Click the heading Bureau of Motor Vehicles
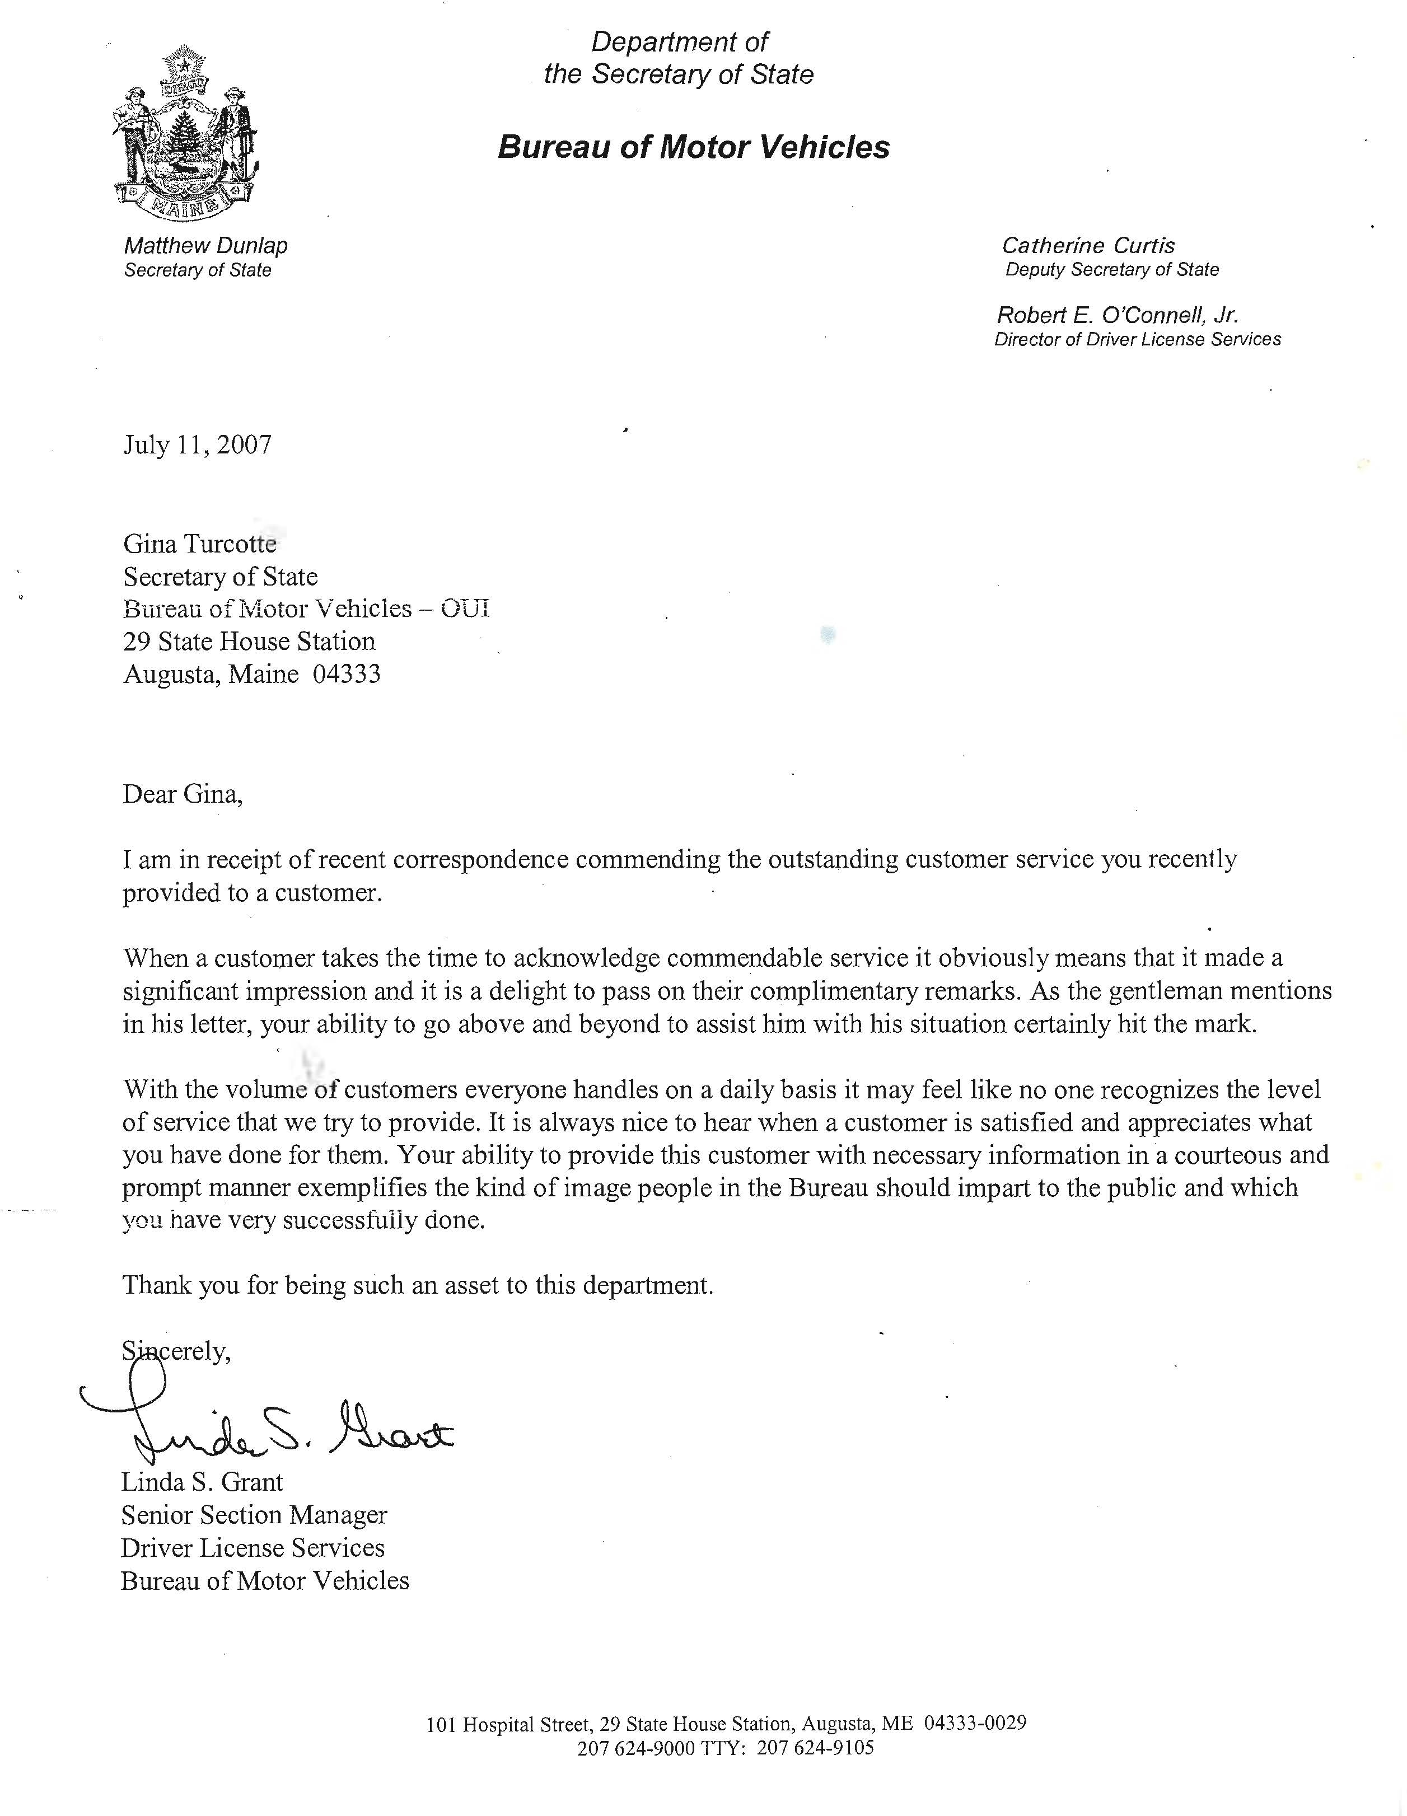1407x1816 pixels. (694, 147)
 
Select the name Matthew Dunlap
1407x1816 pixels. (205, 246)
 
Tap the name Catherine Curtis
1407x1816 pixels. (1088, 246)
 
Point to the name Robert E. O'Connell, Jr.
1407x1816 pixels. (1117, 316)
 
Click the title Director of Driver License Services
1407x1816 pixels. (1137, 339)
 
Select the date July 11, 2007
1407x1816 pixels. (197, 446)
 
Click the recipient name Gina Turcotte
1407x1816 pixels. (199, 544)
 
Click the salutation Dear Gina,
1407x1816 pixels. (183, 794)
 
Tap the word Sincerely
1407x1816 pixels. (176, 1352)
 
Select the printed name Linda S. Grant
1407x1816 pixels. (202, 1482)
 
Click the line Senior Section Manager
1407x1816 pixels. (254, 1515)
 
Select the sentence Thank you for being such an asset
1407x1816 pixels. (418, 1285)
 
